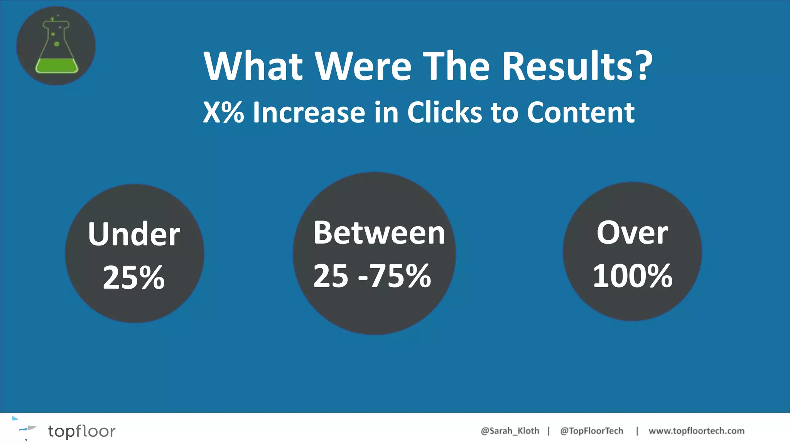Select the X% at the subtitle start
tap(223, 113)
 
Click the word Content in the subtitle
tap(581, 113)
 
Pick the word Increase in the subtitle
tap(309, 113)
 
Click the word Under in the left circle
tap(134, 234)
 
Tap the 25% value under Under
tap(134, 277)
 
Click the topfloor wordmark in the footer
tap(81, 431)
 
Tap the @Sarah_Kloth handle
tap(510, 431)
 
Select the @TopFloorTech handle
tap(591, 431)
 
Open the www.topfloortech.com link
tap(696, 431)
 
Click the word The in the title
tap(457, 66)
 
